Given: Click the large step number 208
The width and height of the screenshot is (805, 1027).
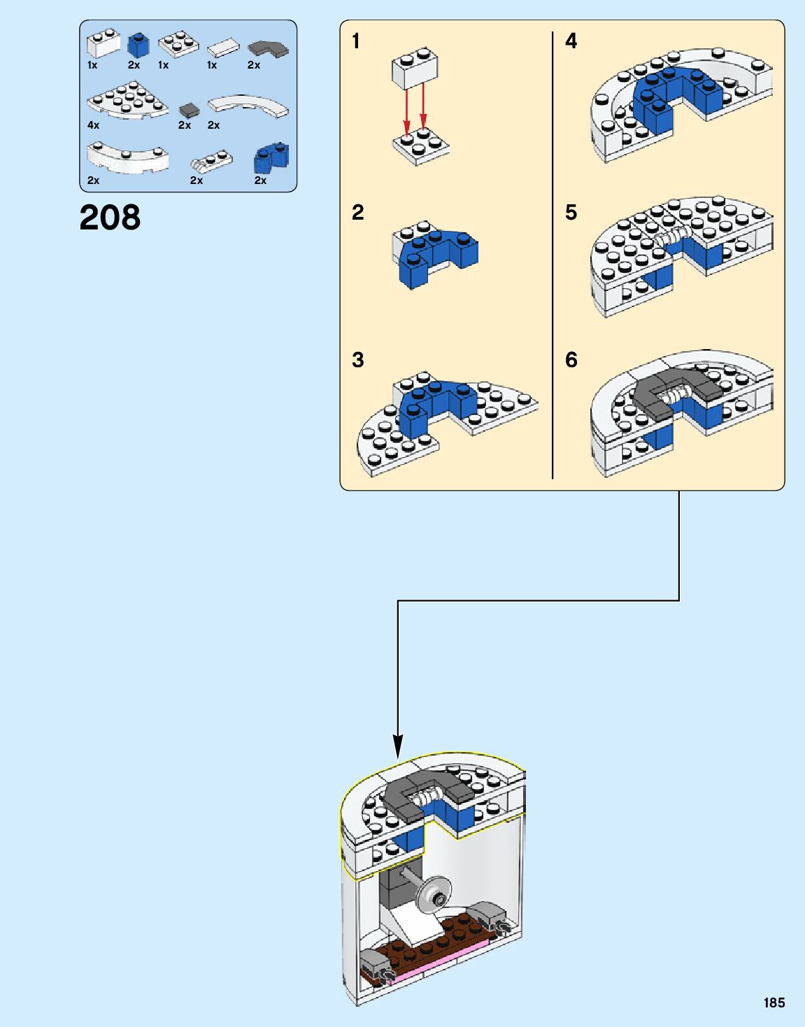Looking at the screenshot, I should tap(110, 218).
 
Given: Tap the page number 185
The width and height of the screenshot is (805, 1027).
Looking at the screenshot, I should tap(774, 1003).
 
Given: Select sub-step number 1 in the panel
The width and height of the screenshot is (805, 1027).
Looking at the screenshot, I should tap(356, 41).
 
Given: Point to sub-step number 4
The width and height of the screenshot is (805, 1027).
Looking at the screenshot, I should tap(571, 41).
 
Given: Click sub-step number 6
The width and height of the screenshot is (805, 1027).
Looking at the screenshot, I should tap(571, 360).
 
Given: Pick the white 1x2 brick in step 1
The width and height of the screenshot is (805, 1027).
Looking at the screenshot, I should tap(415, 69).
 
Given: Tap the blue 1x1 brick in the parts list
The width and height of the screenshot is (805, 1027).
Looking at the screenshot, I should tap(138, 46).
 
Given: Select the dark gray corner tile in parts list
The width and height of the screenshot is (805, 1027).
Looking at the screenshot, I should tap(268, 48).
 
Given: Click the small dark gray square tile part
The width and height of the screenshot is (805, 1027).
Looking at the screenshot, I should tap(189, 111).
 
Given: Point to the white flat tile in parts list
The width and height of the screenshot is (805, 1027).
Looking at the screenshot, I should tap(223, 48).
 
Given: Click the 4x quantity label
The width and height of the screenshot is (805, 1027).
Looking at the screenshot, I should tap(94, 125).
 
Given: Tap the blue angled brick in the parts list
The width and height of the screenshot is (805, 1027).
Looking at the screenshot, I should tap(271, 159).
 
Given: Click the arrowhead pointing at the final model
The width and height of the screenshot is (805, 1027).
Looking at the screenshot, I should tap(398, 746).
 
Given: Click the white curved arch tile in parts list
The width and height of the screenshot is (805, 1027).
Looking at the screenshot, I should tap(248, 105).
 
